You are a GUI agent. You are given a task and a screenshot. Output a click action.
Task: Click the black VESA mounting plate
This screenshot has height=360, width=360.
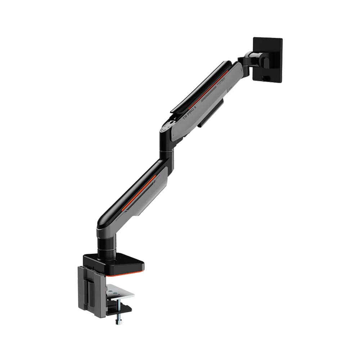268,58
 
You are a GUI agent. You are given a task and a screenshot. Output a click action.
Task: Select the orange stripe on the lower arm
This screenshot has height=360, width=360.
140,191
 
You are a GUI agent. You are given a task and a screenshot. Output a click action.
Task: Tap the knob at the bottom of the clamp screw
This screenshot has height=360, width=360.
118,321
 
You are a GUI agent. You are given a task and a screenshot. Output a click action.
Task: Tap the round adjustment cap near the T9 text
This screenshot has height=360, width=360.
167,127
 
